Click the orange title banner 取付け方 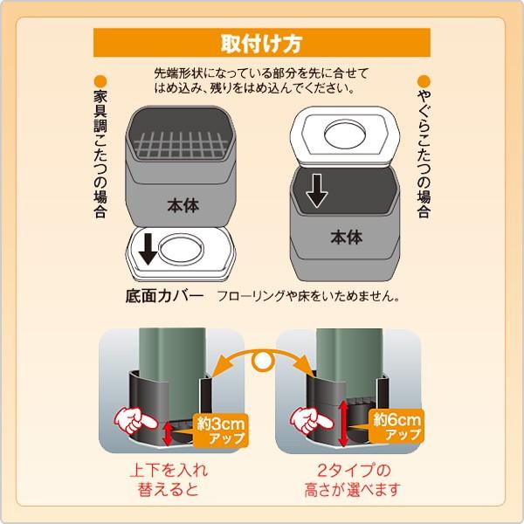tap(262, 43)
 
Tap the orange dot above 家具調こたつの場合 tap(100, 81)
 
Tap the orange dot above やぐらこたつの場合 tap(424, 81)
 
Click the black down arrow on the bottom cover tap(148, 249)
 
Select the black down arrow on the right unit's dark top tap(316, 190)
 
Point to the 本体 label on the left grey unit tap(183, 205)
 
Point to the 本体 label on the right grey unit tap(347, 238)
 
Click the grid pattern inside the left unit tap(181, 145)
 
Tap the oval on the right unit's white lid tap(345, 134)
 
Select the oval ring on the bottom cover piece tap(181, 249)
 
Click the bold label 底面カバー tap(164, 296)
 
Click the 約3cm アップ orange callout tap(221, 431)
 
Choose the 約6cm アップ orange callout tap(396, 426)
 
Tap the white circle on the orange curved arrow tap(263, 361)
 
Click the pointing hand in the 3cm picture tap(134, 420)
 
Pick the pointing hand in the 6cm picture tap(311, 420)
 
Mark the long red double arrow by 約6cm tap(343, 424)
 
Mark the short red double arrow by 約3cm tap(168, 434)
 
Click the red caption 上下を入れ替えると tap(169, 479)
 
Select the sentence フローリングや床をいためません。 tap(307, 296)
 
